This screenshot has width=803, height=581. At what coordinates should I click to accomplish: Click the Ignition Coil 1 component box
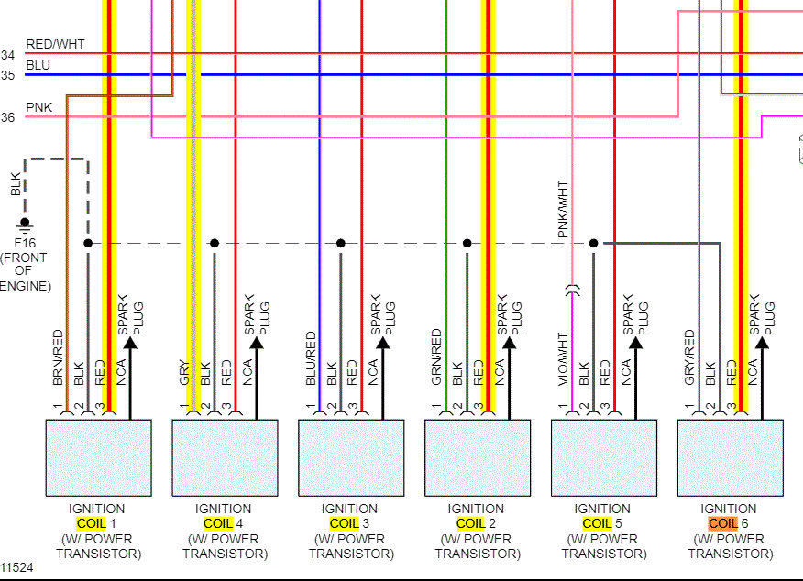tap(98, 458)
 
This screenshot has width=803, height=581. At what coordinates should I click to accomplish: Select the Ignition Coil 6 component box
tap(730, 458)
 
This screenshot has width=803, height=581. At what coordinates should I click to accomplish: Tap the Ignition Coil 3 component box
tap(351, 458)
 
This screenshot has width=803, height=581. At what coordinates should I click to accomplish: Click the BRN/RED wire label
tap(58, 356)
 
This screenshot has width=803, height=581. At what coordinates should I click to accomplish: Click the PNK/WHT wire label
tap(563, 210)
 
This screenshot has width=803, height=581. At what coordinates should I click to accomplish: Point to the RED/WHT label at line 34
tap(55, 44)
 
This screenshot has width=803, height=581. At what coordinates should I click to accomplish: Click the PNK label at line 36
tap(39, 108)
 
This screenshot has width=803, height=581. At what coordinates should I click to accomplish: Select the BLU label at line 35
tap(38, 66)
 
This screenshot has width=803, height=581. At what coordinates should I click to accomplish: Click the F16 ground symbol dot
tap(25, 222)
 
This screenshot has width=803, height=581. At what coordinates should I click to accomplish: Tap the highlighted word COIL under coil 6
tap(723, 523)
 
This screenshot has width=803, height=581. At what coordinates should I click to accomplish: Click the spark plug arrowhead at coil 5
tap(635, 344)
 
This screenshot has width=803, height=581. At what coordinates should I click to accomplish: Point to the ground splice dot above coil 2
tap(467, 243)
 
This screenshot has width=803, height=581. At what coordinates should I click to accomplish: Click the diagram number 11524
tap(16, 568)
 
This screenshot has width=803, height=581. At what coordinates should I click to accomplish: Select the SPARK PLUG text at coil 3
tap(382, 314)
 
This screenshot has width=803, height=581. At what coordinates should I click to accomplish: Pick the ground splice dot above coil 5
tap(593, 243)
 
